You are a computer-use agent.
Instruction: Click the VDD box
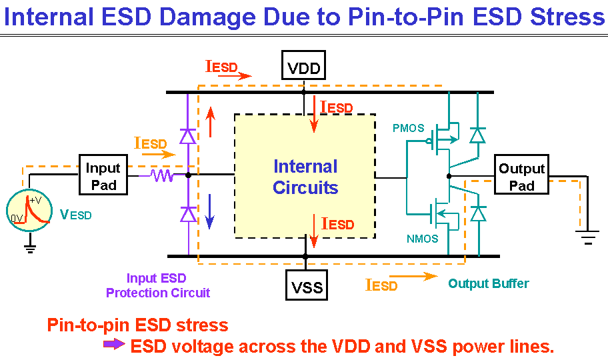[303, 65]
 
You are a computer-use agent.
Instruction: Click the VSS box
[306, 285]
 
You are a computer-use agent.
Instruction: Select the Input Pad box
[103, 175]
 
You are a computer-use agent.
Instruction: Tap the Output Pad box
[521, 175]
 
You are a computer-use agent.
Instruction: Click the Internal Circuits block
[305, 176]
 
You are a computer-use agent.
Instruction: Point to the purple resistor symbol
[163, 175]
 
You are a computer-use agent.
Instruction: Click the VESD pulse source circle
[29, 211]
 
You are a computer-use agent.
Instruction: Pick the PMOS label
[408, 128]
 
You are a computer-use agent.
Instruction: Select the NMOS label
[422, 239]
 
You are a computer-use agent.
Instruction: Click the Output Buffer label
[489, 283]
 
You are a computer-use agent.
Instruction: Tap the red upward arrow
[210, 122]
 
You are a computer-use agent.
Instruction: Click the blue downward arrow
[209, 211]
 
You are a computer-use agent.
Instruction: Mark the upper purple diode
[188, 136]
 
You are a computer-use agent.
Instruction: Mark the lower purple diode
[189, 214]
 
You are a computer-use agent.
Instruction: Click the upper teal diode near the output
[477, 135]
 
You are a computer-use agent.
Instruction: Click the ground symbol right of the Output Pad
[588, 237]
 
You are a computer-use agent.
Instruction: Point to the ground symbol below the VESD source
[29, 249]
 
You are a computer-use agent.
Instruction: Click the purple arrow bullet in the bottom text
[114, 344]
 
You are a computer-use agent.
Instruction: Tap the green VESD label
[75, 215]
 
